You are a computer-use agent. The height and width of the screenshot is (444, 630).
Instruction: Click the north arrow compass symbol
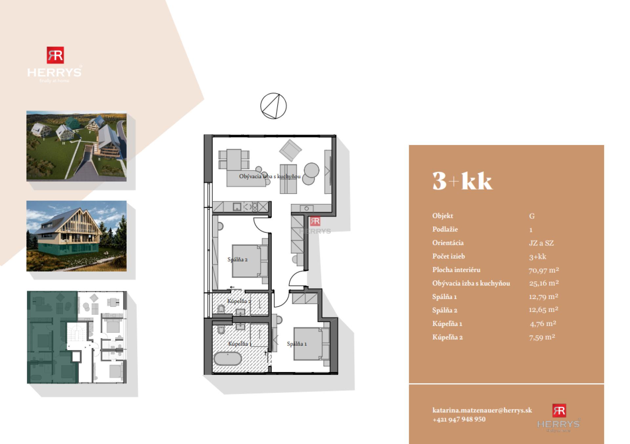pyautogui.click(x=273, y=106)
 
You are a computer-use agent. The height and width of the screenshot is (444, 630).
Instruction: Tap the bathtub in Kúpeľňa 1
pyautogui.click(x=227, y=359)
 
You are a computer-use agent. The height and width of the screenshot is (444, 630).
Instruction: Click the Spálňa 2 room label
pyautogui.click(x=237, y=259)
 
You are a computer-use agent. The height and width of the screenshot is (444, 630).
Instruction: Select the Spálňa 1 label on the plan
pyautogui.click(x=297, y=344)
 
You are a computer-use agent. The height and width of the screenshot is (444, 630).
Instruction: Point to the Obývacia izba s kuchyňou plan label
pyautogui.click(x=270, y=176)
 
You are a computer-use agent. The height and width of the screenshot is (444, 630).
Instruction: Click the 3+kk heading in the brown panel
pyautogui.click(x=462, y=181)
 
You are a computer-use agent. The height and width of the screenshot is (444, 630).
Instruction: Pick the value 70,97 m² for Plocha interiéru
pyautogui.click(x=544, y=270)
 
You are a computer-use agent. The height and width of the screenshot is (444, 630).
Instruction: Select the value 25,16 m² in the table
pyautogui.click(x=544, y=283)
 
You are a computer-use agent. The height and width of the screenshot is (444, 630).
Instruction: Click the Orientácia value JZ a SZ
pyautogui.click(x=541, y=243)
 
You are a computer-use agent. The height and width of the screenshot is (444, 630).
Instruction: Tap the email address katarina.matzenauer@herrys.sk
pyautogui.click(x=482, y=410)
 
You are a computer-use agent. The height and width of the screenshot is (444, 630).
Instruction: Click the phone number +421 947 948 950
pyautogui.click(x=459, y=419)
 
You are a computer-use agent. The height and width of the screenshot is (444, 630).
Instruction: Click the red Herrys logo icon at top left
pyautogui.click(x=55, y=55)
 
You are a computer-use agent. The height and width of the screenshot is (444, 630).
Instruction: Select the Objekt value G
pyautogui.click(x=532, y=216)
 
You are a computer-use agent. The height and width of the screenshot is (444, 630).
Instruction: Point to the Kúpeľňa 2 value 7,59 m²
pyautogui.click(x=542, y=337)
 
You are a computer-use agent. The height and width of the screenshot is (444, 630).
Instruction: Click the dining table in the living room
pyautogui.click(x=234, y=159)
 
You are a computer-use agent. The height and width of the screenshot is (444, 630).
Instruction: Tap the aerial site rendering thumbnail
pyautogui.click(x=76, y=146)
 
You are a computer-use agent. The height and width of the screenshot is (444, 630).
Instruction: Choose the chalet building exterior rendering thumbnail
pyautogui.click(x=76, y=236)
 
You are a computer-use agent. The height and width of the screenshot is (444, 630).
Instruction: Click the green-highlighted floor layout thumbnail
pyautogui.click(x=76, y=337)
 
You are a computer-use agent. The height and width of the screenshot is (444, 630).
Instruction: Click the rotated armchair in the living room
pyautogui.click(x=290, y=150)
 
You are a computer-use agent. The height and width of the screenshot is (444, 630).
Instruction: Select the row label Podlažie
pyautogui.click(x=445, y=229)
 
